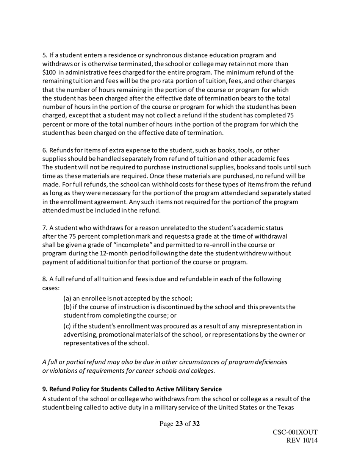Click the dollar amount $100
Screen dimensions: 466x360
point(48,72)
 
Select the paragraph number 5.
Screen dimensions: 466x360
point(44,56)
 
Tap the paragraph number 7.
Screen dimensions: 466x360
point(44,228)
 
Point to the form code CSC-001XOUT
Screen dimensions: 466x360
point(295,433)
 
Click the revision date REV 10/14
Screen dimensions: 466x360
point(302,440)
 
